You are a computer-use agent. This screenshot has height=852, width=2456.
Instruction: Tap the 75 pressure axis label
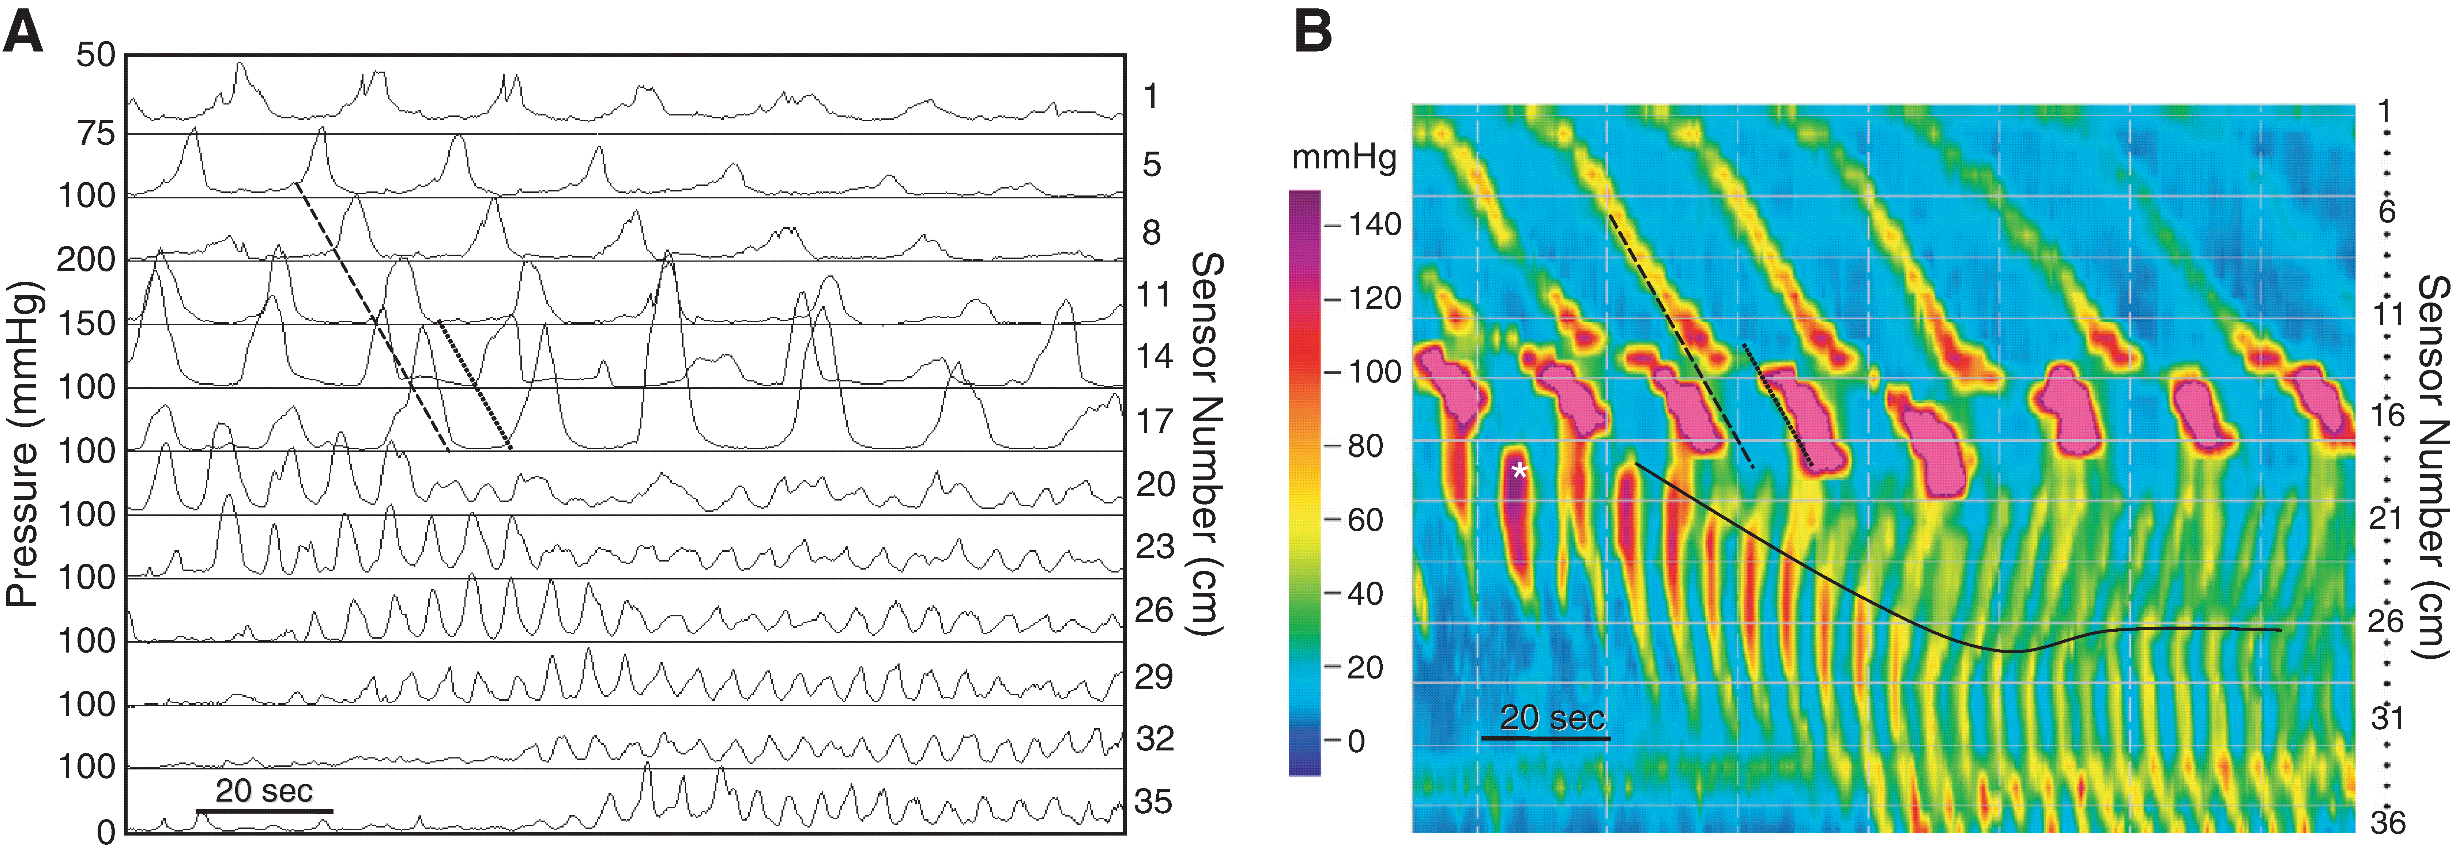(95, 133)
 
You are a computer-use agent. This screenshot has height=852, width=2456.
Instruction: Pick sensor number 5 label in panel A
(1152, 165)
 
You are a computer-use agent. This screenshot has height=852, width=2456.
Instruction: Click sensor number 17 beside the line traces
(1154, 420)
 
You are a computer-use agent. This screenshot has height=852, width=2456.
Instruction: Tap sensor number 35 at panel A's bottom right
(1154, 802)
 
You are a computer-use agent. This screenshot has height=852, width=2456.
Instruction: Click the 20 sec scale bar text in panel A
(264, 791)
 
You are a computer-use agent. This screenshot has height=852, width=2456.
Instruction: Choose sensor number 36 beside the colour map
(2387, 822)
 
